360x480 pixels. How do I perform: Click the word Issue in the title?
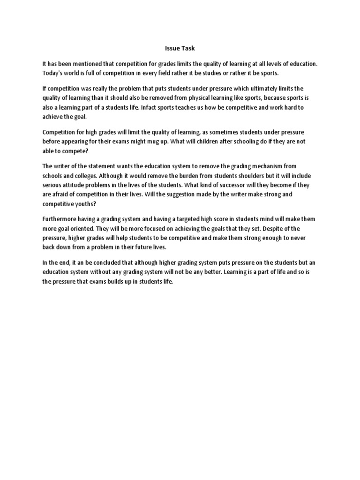[172, 48]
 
